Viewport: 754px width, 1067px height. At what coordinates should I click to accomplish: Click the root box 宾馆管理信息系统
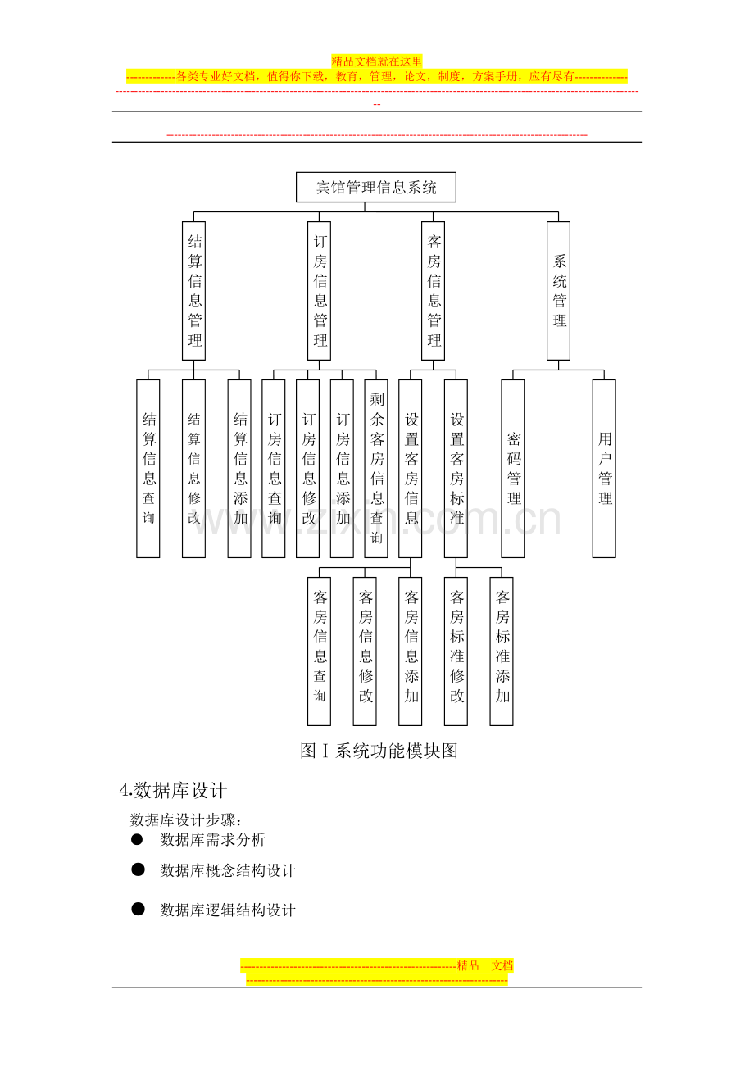[x=376, y=187]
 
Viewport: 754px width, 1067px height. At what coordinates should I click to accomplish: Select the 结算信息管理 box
[x=194, y=291]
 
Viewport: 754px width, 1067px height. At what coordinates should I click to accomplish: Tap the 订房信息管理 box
[x=319, y=291]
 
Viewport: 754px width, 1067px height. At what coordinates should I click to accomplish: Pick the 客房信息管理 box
[x=433, y=291]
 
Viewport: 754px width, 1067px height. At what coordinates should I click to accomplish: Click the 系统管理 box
[x=558, y=291]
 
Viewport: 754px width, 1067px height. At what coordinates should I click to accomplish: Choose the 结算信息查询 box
[x=148, y=468]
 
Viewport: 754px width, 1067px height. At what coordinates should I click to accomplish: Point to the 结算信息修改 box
[x=194, y=468]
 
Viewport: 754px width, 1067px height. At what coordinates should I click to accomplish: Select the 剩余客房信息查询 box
[x=376, y=468]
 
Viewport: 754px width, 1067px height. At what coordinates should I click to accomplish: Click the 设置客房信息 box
[x=410, y=468]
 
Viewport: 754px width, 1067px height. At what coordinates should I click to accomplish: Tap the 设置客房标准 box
[x=456, y=468]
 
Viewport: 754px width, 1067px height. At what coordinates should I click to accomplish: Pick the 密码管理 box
[x=513, y=468]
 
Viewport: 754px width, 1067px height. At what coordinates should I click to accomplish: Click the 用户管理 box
[x=604, y=468]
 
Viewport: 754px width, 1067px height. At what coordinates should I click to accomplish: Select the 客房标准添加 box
[x=502, y=652]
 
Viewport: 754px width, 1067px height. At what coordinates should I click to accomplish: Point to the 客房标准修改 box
[x=456, y=652]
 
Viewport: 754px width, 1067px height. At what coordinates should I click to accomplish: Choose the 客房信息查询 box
[x=319, y=652]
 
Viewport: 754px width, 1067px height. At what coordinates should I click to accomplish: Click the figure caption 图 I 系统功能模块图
[x=379, y=751]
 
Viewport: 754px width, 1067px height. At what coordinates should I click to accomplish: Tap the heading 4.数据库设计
[x=173, y=790]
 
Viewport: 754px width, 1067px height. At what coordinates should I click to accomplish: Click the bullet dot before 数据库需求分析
[x=137, y=839]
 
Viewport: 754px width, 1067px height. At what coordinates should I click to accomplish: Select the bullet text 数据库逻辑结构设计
[x=228, y=910]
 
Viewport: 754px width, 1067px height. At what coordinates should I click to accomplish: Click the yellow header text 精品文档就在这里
[x=377, y=61]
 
